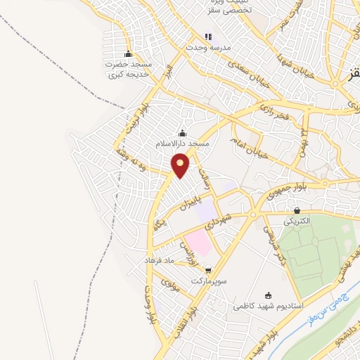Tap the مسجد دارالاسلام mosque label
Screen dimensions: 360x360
click(x=183, y=143)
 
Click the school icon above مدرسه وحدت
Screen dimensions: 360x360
click(x=207, y=37)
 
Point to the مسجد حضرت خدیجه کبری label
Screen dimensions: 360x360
click(x=129, y=68)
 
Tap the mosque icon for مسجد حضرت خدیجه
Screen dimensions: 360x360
click(x=128, y=54)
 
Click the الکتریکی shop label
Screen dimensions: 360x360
click(x=296, y=221)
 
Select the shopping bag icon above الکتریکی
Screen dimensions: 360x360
click(x=297, y=210)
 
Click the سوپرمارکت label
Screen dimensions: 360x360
click(x=207, y=279)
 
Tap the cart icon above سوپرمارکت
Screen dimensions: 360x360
click(x=207, y=269)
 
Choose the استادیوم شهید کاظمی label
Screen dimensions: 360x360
click(x=267, y=307)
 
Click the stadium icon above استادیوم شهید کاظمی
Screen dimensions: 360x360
click(x=267, y=296)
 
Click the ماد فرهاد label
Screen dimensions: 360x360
click(x=159, y=260)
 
